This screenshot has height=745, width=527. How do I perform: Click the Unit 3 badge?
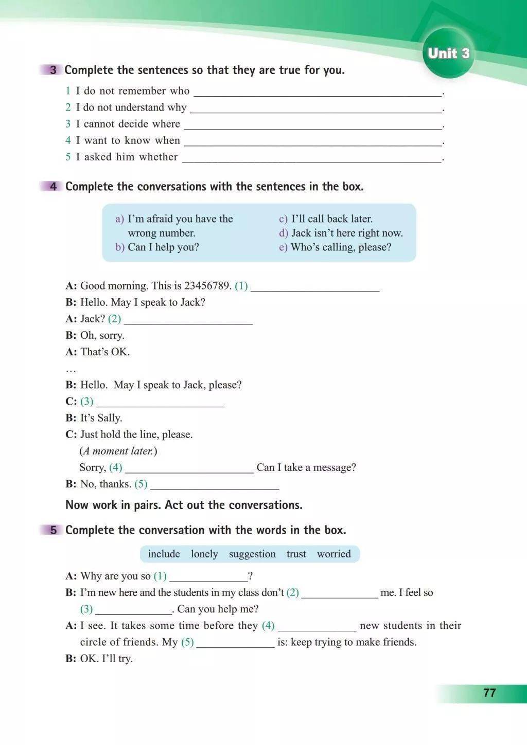coord(448,53)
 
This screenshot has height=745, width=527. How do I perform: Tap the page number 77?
coord(489,693)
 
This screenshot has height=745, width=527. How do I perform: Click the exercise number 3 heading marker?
coord(53,70)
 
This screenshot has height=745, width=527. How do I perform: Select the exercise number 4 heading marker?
coord(53,186)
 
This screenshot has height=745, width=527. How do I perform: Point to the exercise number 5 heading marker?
coord(53,530)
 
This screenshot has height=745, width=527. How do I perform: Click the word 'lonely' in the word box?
coord(204,554)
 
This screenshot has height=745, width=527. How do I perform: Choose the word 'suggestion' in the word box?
coord(252,554)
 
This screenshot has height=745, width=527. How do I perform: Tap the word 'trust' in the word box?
coord(296,554)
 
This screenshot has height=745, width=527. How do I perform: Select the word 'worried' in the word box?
coord(333,554)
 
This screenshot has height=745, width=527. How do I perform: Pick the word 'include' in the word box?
coord(164,554)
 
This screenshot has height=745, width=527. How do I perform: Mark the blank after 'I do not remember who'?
coord(317,93)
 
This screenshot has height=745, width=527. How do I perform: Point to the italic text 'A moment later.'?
coord(118,451)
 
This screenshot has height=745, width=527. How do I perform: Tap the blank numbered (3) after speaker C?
coord(161,403)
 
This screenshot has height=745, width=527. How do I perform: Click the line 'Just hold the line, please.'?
coord(136,434)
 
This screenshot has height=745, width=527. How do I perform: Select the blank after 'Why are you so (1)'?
coord(208,577)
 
